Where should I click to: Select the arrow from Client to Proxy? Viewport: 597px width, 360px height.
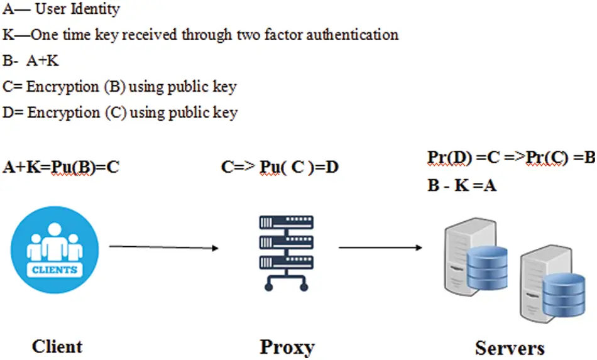[163, 247]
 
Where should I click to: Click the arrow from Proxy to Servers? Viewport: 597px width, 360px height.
[380, 247]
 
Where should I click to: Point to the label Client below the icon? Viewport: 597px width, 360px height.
[57, 346]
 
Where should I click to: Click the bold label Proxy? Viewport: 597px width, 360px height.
[287, 347]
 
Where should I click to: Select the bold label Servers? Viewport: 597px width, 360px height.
[510, 347]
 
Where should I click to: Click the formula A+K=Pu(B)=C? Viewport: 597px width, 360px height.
[61, 167]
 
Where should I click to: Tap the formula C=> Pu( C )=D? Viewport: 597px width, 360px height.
[280, 167]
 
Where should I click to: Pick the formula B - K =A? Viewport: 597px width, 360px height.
[462, 185]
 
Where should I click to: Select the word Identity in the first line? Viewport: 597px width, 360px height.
[94, 9]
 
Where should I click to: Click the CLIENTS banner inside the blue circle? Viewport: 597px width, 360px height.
[55, 270]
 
